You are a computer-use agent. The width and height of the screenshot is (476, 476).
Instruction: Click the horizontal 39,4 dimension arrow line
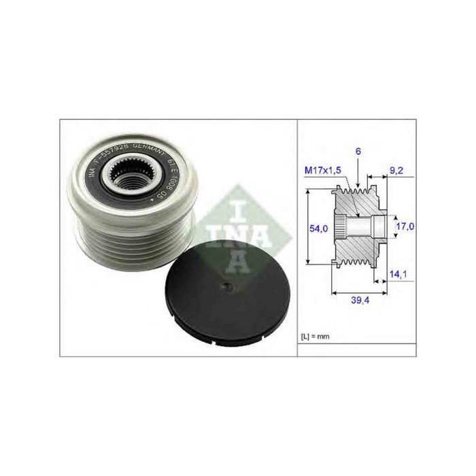pos(360,293)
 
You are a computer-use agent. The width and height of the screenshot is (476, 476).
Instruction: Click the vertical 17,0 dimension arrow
pos(394,226)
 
